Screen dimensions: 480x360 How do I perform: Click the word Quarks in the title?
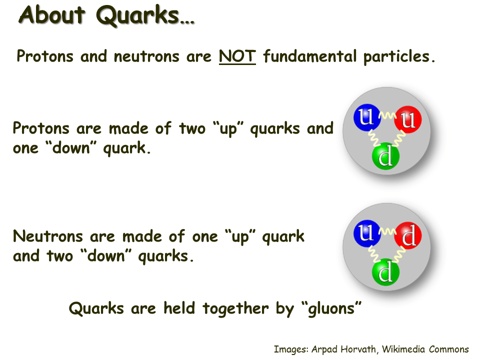tap(138, 16)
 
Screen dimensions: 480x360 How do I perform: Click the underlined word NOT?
tap(237, 56)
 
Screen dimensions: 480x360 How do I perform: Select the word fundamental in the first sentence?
tap(310, 56)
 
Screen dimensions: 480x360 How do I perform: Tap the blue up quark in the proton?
tap(366, 117)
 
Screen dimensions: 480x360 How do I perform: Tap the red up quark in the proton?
tap(408, 119)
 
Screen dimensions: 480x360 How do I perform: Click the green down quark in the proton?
tap(385, 156)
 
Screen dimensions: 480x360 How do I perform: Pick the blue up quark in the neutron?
tap(366, 234)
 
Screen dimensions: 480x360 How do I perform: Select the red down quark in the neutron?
tap(408, 235)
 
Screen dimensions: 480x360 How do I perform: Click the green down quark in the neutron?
tap(385, 272)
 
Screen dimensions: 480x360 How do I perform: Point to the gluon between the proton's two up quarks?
tap(387, 115)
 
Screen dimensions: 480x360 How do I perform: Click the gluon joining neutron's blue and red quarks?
tap(387, 231)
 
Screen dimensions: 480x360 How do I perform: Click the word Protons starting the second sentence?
tap(41, 128)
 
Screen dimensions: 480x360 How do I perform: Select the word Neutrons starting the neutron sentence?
tap(48, 236)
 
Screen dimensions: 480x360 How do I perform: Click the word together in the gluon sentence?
tap(235, 308)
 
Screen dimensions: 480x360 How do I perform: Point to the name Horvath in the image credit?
tap(358, 349)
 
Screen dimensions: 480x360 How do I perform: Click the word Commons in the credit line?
tap(449, 349)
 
